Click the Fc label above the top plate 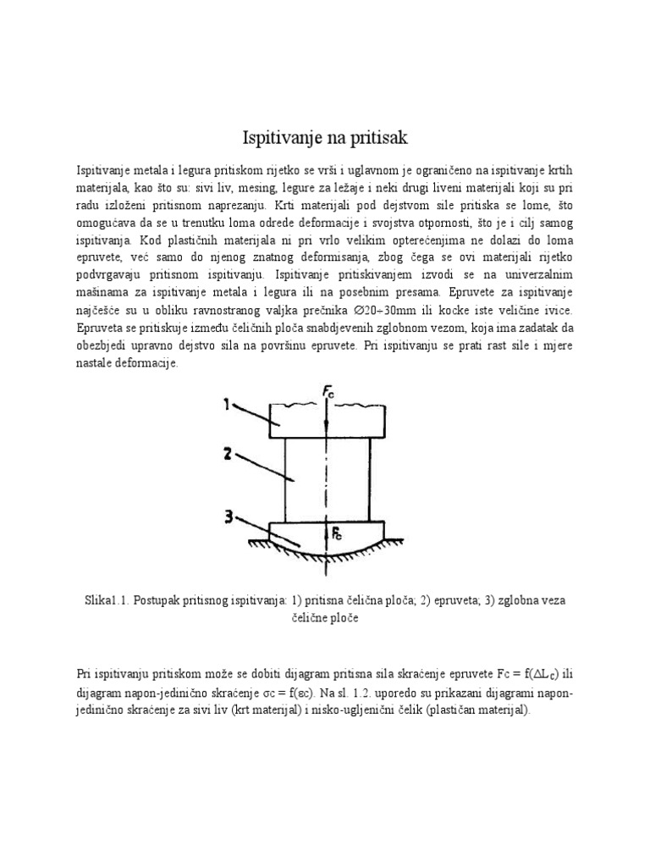click(x=330, y=391)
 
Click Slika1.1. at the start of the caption click(x=109, y=600)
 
